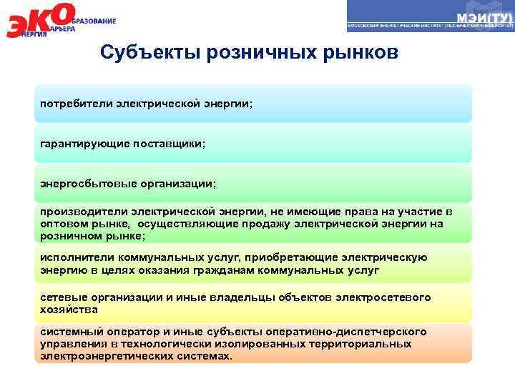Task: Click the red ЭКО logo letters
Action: tap(39, 21)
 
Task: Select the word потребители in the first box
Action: tap(71, 104)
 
